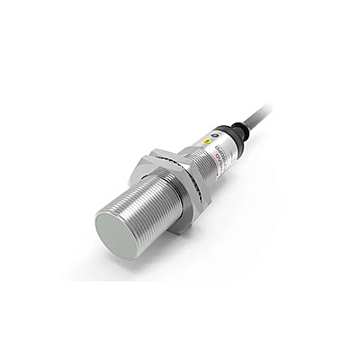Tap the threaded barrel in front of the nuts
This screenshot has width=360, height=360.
click(144, 202)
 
